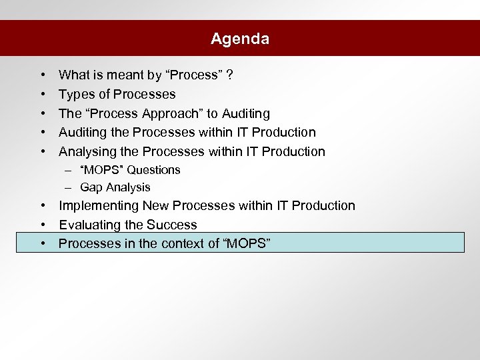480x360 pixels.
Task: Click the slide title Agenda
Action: coord(240,39)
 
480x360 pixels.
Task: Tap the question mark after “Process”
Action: coord(229,75)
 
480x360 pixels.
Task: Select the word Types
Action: coord(75,94)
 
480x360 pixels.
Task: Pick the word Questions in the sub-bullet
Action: coord(154,170)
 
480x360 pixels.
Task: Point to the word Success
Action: coord(173,225)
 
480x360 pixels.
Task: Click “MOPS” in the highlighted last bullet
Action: coord(246,243)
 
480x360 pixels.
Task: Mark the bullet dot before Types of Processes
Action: coord(42,94)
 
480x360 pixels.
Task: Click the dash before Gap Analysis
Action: coord(69,187)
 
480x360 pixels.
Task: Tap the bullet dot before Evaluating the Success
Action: coord(42,225)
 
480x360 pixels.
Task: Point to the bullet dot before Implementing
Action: coord(42,205)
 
